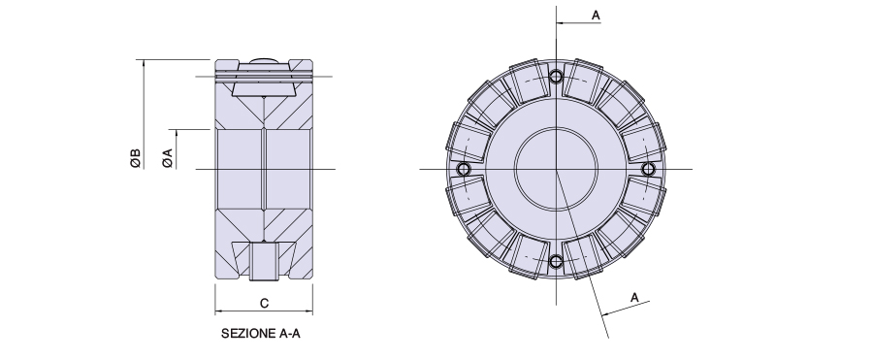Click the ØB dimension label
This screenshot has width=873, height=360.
click(x=136, y=159)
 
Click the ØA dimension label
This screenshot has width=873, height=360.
click(x=168, y=159)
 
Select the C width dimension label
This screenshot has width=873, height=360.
click(x=265, y=304)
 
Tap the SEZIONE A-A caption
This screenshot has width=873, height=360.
click(x=261, y=334)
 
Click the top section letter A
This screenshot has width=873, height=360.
click(x=596, y=16)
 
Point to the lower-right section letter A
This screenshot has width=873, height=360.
click(x=634, y=298)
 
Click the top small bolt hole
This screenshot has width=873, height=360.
click(x=556, y=77)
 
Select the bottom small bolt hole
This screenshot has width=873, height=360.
click(x=556, y=261)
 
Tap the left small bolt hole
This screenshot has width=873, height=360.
click(x=464, y=169)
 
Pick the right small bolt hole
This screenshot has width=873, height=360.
click(x=648, y=169)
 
